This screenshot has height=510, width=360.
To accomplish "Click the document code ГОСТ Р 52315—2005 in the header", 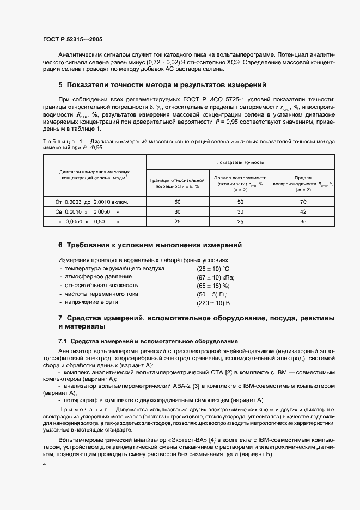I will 72,39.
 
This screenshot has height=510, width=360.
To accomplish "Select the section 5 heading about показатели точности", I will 162,85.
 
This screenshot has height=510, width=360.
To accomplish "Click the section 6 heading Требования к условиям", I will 150,245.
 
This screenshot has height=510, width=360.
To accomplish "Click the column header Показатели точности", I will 240,162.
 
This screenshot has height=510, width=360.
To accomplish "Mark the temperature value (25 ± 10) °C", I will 213,269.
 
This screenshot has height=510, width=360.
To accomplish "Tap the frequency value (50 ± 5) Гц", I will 213,294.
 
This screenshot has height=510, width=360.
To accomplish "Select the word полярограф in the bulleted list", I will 81,399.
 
